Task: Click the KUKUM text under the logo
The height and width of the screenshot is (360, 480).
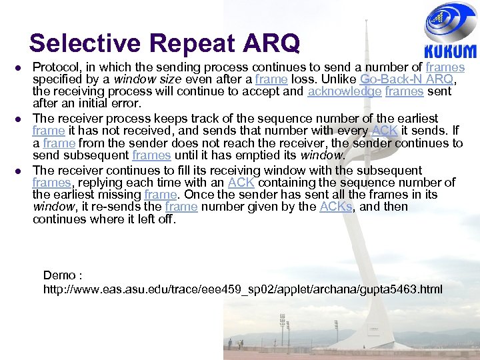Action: pyautogui.click(x=451, y=51)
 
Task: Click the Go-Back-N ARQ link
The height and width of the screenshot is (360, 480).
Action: pyautogui.click(x=407, y=79)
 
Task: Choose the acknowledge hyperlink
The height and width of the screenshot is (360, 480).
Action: pyautogui.click(x=345, y=91)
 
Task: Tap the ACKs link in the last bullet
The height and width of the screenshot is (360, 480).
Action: pyautogui.click(x=336, y=207)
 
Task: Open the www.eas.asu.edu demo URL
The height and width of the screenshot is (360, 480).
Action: pyautogui.click(x=243, y=289)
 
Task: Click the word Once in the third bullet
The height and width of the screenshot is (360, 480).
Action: pyautogui.click(x=198, y=195)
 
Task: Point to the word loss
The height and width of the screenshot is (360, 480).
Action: pyautogui.click(x=303, y=79)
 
